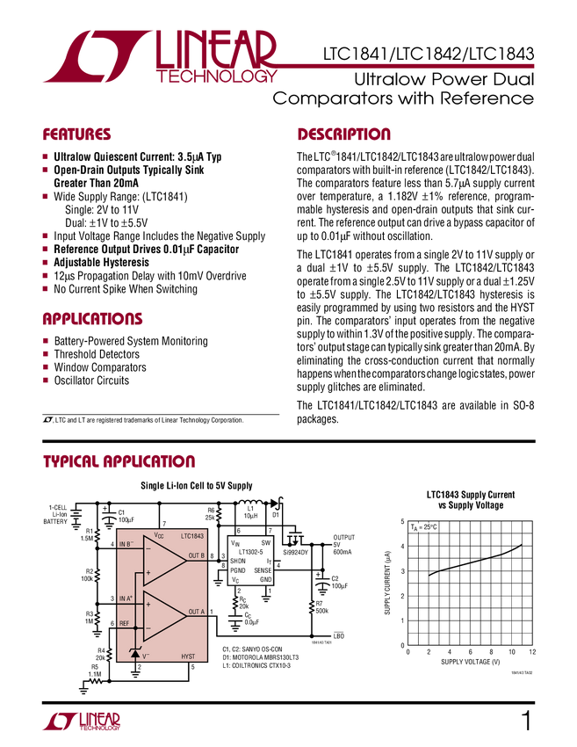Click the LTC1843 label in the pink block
[x=193, y=535]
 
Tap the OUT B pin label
[x=197, y=555]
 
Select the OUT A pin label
[x=197, y=612]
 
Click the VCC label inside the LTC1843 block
[x=159, y=535]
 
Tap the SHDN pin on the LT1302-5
[x=239, y=561]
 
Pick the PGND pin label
[x=240, y=570]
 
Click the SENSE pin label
[x=263, y=570]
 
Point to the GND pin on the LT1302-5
[x=265, y=580]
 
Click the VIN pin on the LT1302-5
[x=235, y=544]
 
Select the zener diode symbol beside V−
[x=134, y=654]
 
